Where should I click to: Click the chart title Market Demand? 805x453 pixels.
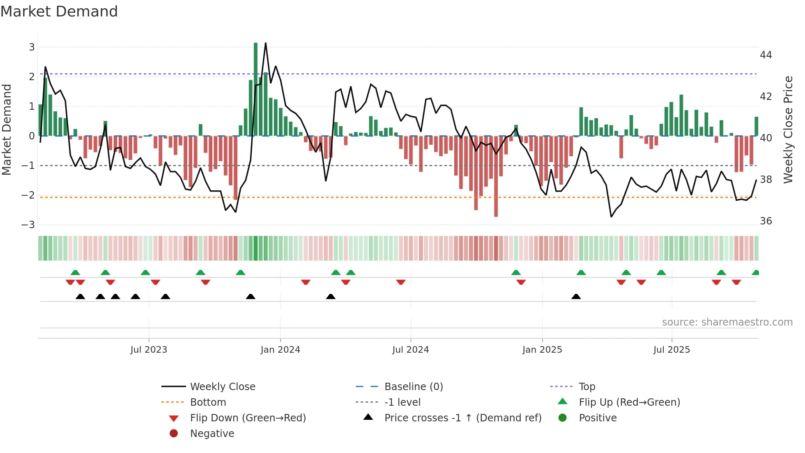pyautogui.click(x=59, y=12)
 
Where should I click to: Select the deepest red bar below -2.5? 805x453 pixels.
pyautogui.click(x=496, y=177)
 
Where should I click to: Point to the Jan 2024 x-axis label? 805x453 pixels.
pyautogui.click(x=281, y=350)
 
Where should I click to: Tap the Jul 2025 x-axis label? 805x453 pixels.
pyautogui.click(x=672, y=350)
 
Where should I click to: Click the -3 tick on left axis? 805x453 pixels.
pyautogui.click(x=28, y=225)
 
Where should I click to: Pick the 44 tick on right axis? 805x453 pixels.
pyautogui.click(x=766, y=55)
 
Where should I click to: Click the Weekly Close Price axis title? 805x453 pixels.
pyautogui.click(x=788, y=129)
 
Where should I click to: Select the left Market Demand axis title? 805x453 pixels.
pyautogui.click(x=7, y=129)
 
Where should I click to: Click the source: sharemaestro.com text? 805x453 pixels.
pyautogui.click(x=727, y=322)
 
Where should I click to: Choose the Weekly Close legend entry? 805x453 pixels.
pyautogui.click(x=222, y=387)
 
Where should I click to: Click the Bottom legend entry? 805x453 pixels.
pyautogui.click(x=208, y=402)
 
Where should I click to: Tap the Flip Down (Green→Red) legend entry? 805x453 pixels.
pyautogui.click(x=248, y=418)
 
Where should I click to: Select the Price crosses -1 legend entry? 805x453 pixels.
pyautogui.click(x=462, y=418)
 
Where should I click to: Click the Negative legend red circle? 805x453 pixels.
pyautogui.click(x=174, y=434)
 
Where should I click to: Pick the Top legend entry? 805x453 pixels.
pyautogui.click(x=586, y=387)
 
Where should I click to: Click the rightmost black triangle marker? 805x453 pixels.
pyautogui.click(x=576, y=297)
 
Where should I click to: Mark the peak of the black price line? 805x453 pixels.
pyautogui.click(x=266, y=43)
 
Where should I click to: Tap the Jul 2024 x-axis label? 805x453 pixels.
pyautogui.click(x=410, y=350)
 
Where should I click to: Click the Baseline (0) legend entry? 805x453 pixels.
pyautogui.click(x=413, y=387)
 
